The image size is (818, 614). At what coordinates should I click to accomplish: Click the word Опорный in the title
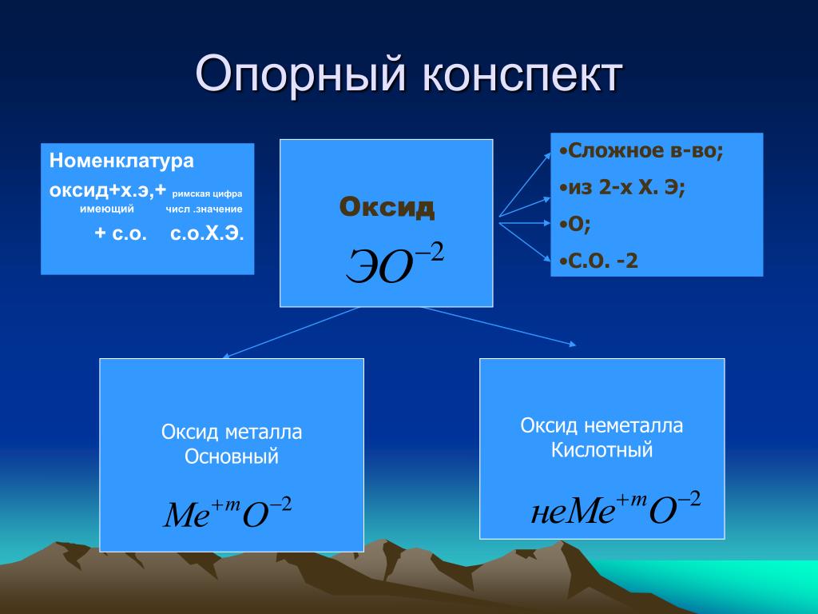300,74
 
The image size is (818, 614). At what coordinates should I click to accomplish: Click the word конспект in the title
522,74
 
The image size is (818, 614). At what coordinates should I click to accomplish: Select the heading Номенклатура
121,161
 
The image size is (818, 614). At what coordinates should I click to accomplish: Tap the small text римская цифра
207,193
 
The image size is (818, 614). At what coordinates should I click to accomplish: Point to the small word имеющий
107,209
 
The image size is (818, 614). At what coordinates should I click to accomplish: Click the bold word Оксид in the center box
387,207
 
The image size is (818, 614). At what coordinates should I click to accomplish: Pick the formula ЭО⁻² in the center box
395,264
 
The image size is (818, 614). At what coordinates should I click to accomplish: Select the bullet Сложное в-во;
641,151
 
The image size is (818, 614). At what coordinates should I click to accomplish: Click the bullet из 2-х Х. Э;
622,187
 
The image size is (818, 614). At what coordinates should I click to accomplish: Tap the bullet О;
575,224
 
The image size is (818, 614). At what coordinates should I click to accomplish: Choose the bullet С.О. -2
599,261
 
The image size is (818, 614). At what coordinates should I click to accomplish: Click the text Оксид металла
232,433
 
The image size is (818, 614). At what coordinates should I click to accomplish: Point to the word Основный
232,457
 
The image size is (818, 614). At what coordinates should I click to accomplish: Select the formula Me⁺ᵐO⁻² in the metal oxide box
228,512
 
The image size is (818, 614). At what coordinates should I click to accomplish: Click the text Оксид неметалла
602,425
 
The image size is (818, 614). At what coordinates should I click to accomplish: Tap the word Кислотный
602,449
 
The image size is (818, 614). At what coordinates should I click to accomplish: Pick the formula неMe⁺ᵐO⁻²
616,508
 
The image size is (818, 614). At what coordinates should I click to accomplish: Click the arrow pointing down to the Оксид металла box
291,333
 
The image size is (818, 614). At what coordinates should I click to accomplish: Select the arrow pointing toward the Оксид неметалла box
499,326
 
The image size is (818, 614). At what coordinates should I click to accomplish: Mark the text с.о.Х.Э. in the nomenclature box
207,234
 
